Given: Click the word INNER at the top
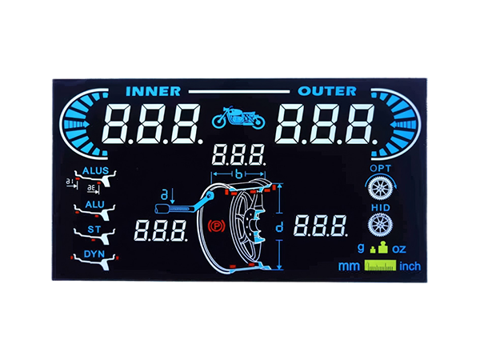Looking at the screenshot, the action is coord(153,91).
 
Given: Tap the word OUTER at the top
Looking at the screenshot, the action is coord(327,91).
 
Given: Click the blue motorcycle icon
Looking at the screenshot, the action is coord(238,118).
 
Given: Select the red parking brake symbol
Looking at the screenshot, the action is coord(217,226).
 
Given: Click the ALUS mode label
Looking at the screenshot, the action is coord(95,171).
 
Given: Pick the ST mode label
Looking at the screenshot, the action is coord(94,230).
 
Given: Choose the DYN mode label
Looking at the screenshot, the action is coord(94,254).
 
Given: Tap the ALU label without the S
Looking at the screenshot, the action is coord(95,205).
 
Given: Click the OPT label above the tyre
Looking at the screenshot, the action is coord(380,168).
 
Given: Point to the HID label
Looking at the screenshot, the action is coord(381,208).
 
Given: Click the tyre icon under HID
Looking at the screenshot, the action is coord(380,225).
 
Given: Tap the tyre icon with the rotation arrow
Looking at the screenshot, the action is coord(381,186).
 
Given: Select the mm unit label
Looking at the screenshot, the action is coord(349,266).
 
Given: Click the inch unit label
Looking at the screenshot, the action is coord(410,266).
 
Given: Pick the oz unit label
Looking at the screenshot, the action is coord(399,249).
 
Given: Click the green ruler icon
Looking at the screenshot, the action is coord(380,266).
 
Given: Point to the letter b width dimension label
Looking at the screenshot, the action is coord(238,174).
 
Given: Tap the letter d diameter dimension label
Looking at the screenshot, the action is coord(279,227).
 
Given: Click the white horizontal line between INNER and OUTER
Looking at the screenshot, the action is coord(239,91).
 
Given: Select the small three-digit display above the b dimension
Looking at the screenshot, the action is coord(238,155).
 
